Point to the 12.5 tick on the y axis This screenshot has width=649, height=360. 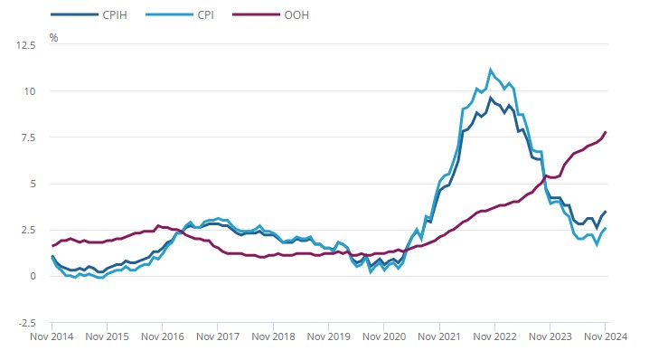(27, 43)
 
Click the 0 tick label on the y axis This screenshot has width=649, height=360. (33, 276)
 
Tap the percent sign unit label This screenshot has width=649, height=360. (53, 38)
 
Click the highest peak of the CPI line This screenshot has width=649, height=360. (490, 69)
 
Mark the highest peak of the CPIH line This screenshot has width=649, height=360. (490, 97)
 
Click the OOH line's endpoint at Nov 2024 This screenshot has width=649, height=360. (606, 132)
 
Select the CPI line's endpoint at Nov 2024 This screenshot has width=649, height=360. (606, 228)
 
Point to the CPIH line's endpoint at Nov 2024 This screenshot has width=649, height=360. (606, 212)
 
